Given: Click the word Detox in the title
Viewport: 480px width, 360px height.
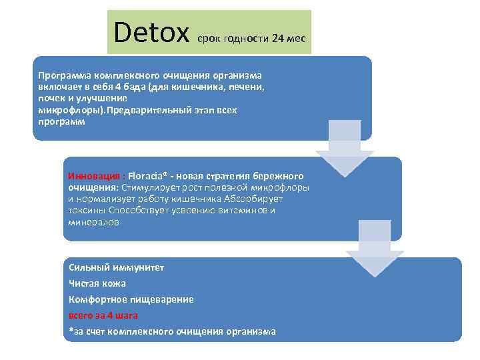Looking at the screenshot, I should click(152, 31).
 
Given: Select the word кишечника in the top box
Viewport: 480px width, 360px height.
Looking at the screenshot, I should click(197, 86).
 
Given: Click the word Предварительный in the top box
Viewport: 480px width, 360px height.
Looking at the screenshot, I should click(155, 109).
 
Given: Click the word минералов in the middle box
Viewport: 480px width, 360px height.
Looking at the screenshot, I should click(93, 223).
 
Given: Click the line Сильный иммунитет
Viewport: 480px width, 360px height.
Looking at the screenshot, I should click(116, 267).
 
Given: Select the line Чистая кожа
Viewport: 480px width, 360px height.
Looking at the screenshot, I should click(97, 283).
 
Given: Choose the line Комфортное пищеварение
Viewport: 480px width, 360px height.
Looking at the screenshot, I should click(131, 299).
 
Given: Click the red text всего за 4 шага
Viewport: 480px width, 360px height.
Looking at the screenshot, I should click(103, 315).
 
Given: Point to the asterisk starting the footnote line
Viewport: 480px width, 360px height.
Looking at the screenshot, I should click(71, 331).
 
